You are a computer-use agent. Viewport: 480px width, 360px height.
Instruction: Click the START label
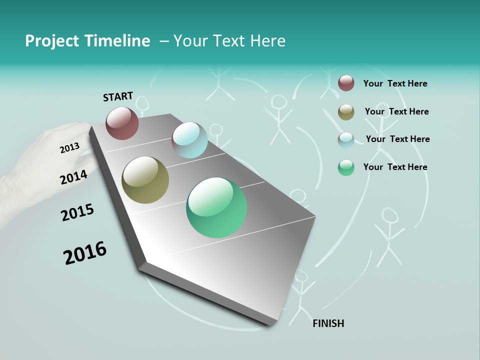[118, 96]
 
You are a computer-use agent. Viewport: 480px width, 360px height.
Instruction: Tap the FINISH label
[328, 323]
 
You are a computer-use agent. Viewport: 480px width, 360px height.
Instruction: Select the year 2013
[69, 148]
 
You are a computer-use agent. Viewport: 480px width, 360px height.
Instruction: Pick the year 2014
[74, 177]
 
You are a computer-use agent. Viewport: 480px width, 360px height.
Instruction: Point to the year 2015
[77, 212]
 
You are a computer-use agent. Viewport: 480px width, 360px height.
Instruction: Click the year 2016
[85, 253]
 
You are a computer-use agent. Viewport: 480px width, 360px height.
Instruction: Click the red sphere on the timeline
[122, 123]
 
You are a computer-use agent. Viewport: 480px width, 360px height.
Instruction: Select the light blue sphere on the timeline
[189, 140]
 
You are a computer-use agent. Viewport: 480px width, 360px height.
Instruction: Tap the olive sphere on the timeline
[145, 180]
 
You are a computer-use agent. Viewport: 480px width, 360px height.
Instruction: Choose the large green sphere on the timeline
[216, 207]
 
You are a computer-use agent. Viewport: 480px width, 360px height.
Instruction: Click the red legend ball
[346, 83]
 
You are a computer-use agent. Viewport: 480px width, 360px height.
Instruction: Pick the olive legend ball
[346, 112]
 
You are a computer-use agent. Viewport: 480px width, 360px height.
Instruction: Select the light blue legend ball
[346, 139]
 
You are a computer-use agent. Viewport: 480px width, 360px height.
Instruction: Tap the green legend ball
[346, 167]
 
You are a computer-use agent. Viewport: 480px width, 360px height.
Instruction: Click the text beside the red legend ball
[395, 83]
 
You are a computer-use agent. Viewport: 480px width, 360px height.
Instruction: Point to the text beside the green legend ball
[395, 167]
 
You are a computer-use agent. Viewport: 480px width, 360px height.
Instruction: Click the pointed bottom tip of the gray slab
[270, 324]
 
